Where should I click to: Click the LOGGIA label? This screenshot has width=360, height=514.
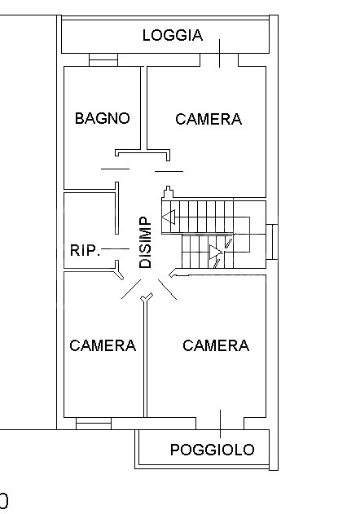172,35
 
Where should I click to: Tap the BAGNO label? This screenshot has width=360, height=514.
102,118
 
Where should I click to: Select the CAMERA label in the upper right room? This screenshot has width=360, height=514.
209,119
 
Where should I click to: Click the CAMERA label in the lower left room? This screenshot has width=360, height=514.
103,345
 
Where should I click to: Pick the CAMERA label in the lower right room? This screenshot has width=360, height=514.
216,345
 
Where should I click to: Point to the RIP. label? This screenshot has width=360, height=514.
85,250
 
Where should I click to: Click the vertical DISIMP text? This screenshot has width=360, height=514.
145,243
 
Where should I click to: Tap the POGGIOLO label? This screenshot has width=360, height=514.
212,450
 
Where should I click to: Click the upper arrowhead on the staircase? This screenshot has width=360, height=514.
169,217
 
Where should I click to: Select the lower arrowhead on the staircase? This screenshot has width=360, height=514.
216,254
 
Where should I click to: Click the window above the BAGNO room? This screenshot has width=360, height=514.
103,60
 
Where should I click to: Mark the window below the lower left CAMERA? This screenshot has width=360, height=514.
93,424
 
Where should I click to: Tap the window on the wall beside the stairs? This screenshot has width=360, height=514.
273,243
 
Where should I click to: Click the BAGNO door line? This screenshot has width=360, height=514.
115,169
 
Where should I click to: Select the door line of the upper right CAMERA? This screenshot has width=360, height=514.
169,171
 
